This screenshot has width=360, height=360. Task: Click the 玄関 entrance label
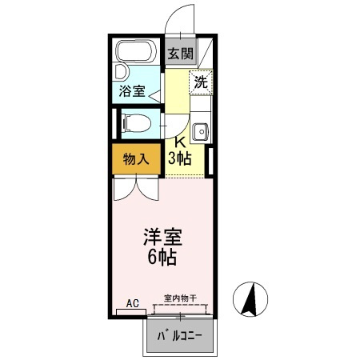coord(180,54)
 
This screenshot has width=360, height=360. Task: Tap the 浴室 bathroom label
coord(131,91)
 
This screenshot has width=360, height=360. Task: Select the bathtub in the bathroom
coord(138,55)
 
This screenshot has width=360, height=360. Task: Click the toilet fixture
coord(138,123)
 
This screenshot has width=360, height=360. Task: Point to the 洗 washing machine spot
coord(200,82)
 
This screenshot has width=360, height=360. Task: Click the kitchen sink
coord(200,131)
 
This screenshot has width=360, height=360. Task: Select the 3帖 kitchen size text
coord(180,158)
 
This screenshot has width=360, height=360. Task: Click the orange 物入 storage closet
coord(135,158)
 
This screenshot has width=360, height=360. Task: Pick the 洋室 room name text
coord(162,238)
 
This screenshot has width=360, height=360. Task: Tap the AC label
coord(132,302)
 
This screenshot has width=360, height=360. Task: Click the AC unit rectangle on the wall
coord(132,311)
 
